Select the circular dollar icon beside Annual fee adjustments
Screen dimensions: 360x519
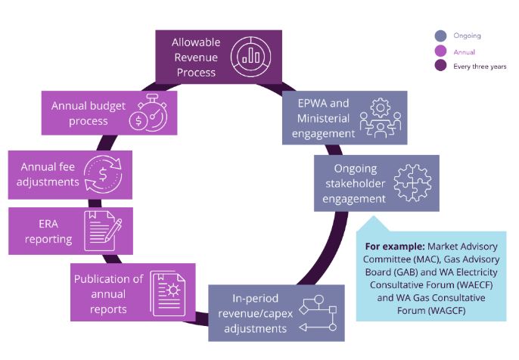pos(101,172)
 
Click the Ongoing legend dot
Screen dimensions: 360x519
pos(441,36)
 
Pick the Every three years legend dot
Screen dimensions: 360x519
pos(441,67)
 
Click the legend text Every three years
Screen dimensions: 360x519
pos(480,67)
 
